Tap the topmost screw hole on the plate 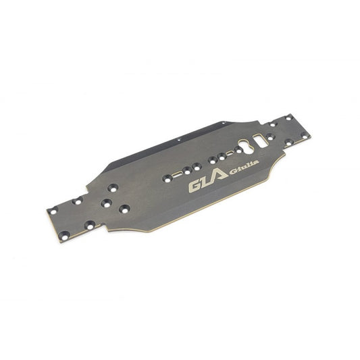288,118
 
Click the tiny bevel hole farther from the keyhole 179,139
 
